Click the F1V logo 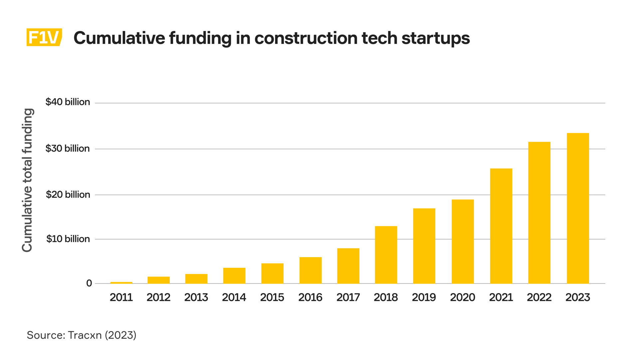(44, 37)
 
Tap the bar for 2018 (386, 255)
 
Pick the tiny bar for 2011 (121, 283)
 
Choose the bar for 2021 (501, 226)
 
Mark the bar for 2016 (311, 270)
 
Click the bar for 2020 (463, 242)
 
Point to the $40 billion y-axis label (68, 102)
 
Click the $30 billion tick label (68, 148)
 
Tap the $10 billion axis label (68, 239)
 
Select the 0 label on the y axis (89, 283)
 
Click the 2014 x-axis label (234, 297)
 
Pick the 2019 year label (424, 297)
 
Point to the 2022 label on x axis (539, 297)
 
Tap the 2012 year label (158, 297)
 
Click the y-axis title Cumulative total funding (27, 180)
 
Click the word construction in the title (306, 38)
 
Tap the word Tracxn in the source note (85, 335)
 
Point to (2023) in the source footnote (120, 335)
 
